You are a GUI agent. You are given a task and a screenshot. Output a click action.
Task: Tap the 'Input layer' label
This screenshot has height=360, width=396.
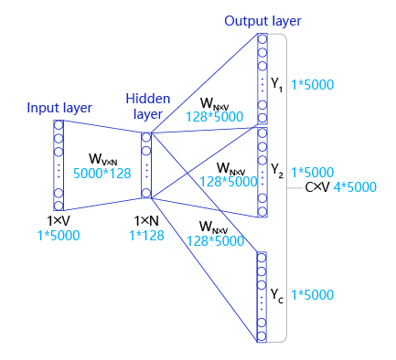pos(59,108)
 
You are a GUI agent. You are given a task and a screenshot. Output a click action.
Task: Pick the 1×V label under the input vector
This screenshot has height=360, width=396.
pos(59,221)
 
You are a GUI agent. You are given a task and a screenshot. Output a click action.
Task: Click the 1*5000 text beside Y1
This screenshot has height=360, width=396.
pos(313,85)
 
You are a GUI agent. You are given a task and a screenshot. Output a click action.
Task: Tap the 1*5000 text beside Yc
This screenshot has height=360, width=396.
pos(313,295)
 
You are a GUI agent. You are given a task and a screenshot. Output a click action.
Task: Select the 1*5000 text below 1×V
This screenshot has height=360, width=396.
pos(59,236)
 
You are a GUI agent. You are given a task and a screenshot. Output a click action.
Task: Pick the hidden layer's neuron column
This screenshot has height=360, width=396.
pos(146,164)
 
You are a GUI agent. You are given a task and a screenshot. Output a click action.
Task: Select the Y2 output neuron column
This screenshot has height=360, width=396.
pos(262,172)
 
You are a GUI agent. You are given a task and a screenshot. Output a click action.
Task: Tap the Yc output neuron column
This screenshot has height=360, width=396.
pos(262,296)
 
